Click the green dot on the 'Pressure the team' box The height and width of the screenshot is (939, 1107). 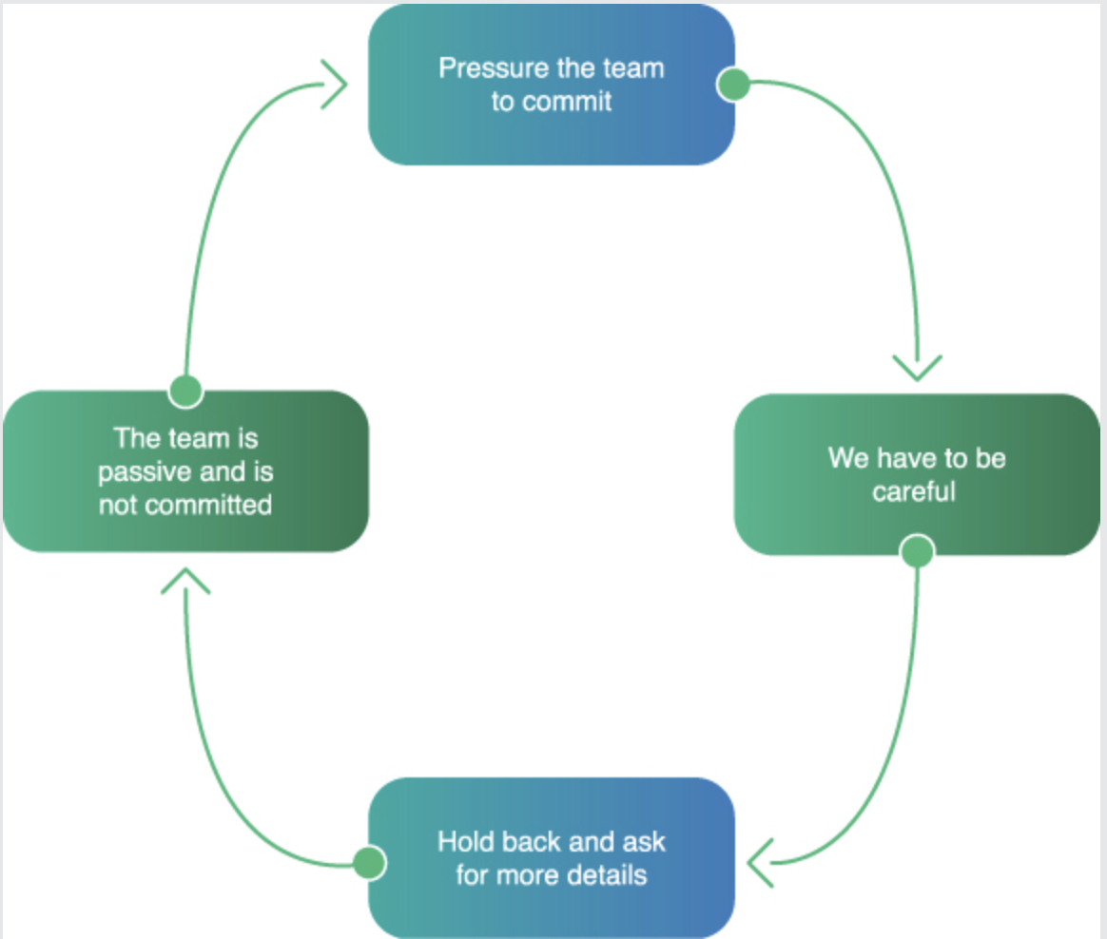coord(733,85)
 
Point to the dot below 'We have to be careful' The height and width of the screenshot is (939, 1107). coord(917,551)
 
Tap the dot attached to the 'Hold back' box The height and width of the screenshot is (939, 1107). coord(369,864)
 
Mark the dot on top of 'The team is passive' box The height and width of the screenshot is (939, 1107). coord(185,391)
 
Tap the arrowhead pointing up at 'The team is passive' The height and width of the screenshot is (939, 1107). coord(185,580)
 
